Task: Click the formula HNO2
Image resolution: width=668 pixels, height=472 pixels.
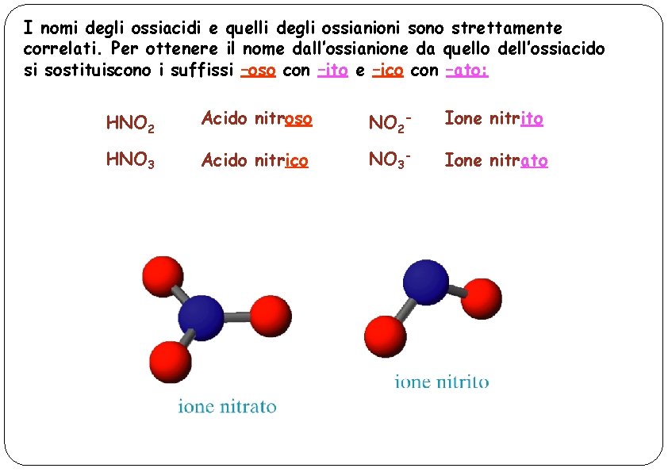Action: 130,123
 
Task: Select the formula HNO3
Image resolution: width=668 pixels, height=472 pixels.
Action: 130,161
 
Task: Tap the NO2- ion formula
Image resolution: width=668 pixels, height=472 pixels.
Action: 390,123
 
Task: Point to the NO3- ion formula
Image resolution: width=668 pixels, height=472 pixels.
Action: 390,160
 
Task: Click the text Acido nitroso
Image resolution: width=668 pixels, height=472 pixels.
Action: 256,119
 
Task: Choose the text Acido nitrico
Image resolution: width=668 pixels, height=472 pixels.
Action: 254,161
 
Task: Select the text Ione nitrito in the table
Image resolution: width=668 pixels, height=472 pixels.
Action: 493,119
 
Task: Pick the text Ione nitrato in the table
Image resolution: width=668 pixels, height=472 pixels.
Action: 496,161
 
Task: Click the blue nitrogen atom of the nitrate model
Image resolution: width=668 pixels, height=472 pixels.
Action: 200,317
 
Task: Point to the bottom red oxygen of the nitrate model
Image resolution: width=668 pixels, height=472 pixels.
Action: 170,361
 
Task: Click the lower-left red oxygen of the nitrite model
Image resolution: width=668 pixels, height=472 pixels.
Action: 385,336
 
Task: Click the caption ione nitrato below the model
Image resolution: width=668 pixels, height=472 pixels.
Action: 227,408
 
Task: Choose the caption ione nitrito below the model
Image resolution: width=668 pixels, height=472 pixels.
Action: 442,382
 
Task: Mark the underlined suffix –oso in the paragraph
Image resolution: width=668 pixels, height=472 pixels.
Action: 257,70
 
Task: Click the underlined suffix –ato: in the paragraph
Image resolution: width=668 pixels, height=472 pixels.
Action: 467,70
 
